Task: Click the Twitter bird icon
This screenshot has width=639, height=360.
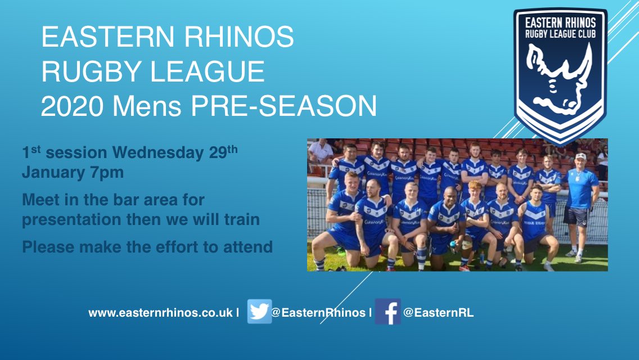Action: (259, 312)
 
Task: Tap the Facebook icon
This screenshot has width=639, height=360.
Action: (388, 312)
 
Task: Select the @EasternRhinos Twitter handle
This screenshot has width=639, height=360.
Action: (318, 313)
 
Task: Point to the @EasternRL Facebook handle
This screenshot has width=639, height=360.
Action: (438, 313)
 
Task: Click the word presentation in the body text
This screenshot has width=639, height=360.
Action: (70, 219)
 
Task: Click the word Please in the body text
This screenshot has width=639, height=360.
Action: (47, 246)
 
